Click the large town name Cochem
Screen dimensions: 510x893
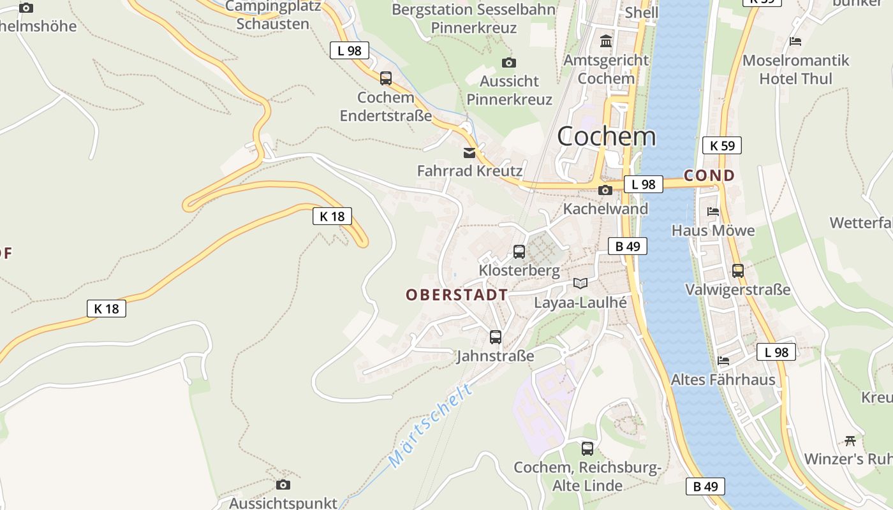coord(606,136)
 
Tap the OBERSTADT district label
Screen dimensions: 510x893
coord(457,295)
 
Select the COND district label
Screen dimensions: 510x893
coord(709,175)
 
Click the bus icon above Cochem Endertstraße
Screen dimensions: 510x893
coord(386,78)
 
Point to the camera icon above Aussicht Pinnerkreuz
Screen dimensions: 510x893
coord(508,62)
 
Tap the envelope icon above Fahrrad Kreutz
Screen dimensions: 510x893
coord(469,152)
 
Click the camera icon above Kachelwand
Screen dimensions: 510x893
coord(605,190)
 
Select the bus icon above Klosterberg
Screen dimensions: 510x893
coord(519,252)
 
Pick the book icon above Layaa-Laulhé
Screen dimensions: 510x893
coord(580,284)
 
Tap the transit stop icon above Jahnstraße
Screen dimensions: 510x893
coord(496,337)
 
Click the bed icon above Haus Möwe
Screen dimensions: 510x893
coord(713,212)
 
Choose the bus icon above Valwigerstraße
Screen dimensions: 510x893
coord(738,271)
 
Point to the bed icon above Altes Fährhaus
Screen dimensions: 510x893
coord(723,360)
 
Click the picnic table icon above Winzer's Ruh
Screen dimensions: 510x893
coord(850,440)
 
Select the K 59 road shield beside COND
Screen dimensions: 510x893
coord(722,145)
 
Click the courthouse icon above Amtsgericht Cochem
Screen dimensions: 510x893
coord(605,41)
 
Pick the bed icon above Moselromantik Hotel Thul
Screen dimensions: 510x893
coord(795,41)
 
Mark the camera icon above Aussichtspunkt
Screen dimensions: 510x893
coord(283,484)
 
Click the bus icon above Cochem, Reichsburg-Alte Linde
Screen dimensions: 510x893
coord(587,448)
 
